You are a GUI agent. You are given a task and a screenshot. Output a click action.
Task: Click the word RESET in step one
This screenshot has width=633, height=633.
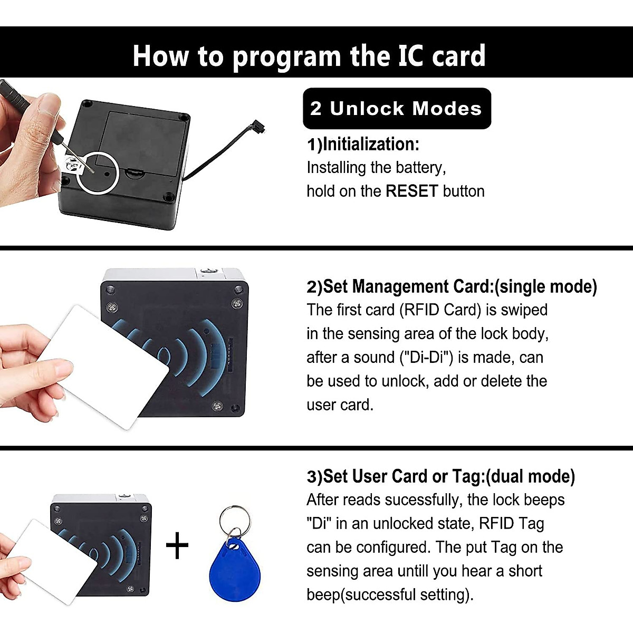(411, 191)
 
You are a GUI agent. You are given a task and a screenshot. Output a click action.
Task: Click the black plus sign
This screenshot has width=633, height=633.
(177, 545)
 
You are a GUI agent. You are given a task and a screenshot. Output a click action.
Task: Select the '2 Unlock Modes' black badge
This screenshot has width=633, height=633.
(397, 109)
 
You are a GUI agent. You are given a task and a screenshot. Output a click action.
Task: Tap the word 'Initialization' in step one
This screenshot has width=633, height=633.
(370, 144)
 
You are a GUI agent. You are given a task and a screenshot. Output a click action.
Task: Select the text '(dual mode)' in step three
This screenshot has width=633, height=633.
(530, 476)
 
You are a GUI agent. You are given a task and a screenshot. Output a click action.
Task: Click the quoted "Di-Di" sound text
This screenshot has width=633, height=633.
(426, 358)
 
